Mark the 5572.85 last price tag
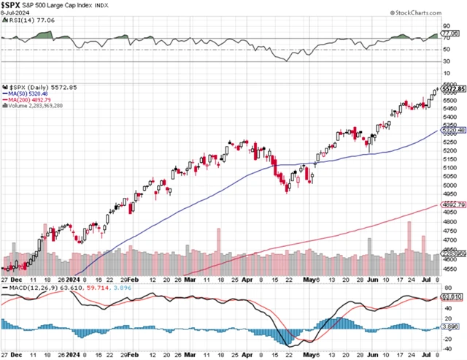pyautogui.click(x=453, y=88)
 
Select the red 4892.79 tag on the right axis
pyautogui.click(x=453, y=205)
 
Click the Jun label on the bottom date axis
pyautogui.click(x=374, y=355)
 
